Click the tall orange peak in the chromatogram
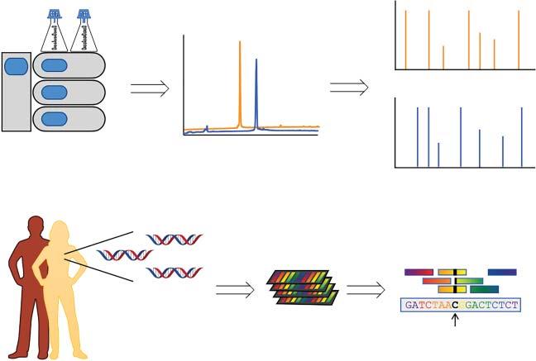point(240,83)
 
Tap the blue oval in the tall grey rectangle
point(17,65)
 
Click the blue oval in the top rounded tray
point(55,65)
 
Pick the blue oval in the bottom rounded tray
point(55,118)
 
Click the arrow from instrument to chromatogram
point(150,88)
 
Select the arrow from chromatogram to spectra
point(348,88)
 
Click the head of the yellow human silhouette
point(60,231)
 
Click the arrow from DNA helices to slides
point(235,289)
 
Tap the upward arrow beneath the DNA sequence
point(456,321)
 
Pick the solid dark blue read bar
point(501,272)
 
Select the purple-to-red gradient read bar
point(419,272)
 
